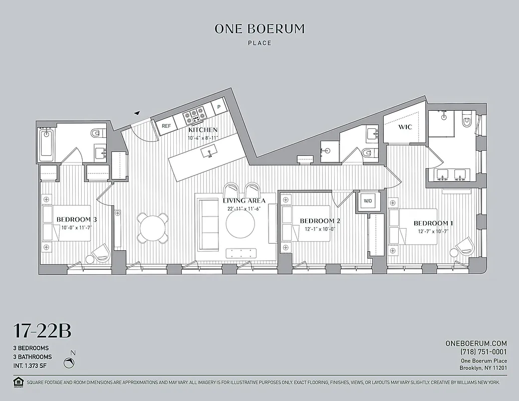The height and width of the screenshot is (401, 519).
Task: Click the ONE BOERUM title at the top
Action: (259, 29)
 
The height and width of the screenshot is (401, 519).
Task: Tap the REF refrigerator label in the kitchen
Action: (166, 126)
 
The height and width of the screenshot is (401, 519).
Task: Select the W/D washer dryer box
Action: (368, 201)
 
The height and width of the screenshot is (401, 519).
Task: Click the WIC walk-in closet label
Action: (405, 127)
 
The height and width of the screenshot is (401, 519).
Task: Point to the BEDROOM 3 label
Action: (76, 220)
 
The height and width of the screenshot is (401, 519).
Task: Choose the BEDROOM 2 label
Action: (320, 221)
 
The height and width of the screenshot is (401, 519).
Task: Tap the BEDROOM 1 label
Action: (433, 223)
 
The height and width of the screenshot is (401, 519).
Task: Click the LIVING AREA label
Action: (244, 200)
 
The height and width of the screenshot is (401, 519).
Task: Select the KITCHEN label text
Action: (203, 130)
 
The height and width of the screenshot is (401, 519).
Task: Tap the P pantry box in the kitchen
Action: (219, 106)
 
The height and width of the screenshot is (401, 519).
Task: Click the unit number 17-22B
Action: (42, 331)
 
